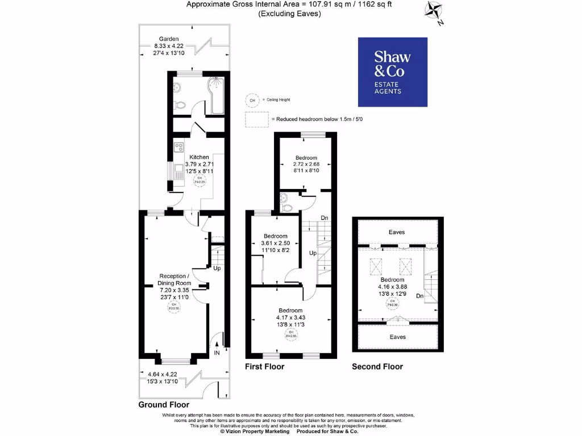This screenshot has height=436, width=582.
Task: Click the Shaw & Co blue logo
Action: click(392, 72)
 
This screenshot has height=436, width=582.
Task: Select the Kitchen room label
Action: click(199, 157)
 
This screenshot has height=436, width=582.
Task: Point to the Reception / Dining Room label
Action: click(174, 279)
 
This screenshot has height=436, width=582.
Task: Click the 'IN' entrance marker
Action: click(217, 353)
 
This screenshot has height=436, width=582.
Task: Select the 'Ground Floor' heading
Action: click(164, 405)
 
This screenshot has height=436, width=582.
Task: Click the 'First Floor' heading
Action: click(264, 367)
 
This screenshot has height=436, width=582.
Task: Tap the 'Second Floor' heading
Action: click(377, 367)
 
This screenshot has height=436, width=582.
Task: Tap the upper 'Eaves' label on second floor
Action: click(397, 232)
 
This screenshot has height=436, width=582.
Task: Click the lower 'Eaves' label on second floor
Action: click(397, 337)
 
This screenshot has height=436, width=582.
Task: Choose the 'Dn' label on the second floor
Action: click(419, 296)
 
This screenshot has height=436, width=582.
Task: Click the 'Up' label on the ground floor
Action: click(217, 268)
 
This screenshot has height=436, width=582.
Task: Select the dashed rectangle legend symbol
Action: click(257, 119)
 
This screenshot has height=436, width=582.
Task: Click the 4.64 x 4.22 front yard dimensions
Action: click(161, 375)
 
